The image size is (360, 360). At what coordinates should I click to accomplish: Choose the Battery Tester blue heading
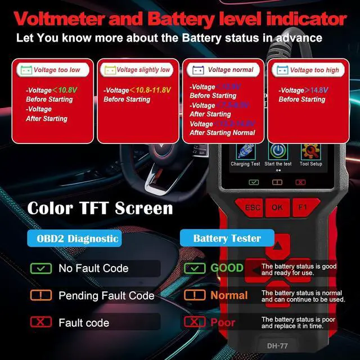[227, 238]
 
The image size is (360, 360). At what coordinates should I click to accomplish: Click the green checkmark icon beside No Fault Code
[40, 268]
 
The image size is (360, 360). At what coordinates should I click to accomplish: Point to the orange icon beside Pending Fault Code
[40, 295]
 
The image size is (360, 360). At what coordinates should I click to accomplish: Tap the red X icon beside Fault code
[40, 322]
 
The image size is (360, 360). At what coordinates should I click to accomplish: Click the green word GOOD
[227, 268]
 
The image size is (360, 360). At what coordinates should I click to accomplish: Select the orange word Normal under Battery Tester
[229, 295]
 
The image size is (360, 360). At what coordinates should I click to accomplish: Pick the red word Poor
[223, 322]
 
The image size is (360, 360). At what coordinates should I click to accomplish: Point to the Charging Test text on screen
[245, 164]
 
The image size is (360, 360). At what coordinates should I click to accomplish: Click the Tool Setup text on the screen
[311, 164]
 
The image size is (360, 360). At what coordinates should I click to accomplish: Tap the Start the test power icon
[277, 151]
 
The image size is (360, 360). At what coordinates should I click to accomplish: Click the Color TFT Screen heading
[100, 208]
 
